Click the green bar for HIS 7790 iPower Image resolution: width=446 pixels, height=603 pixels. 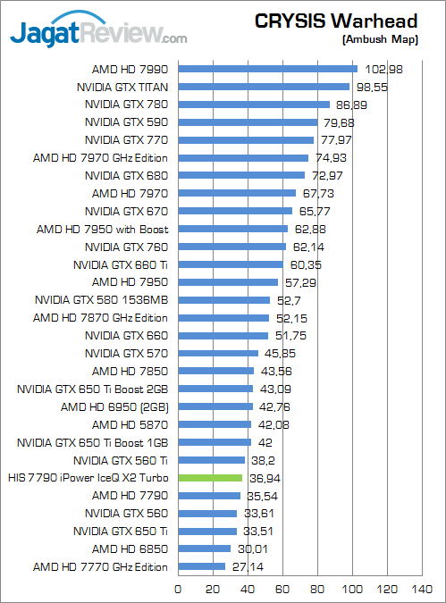[211, 478]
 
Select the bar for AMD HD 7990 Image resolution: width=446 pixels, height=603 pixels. [268, 69]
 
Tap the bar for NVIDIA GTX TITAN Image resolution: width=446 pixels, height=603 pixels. [264, 87]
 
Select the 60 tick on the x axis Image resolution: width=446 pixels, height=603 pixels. [283, 589]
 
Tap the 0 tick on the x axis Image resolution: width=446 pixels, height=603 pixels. [179, 589]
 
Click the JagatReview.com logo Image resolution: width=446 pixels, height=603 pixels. [98, 34]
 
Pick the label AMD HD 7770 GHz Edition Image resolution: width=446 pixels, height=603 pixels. [100, 567]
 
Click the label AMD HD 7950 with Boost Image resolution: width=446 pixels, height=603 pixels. [102, 229]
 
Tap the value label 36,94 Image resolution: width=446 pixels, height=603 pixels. [262, 479]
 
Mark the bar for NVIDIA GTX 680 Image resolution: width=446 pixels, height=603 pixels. [242, 176]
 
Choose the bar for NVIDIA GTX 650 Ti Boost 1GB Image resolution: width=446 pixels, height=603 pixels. [215, 442]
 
